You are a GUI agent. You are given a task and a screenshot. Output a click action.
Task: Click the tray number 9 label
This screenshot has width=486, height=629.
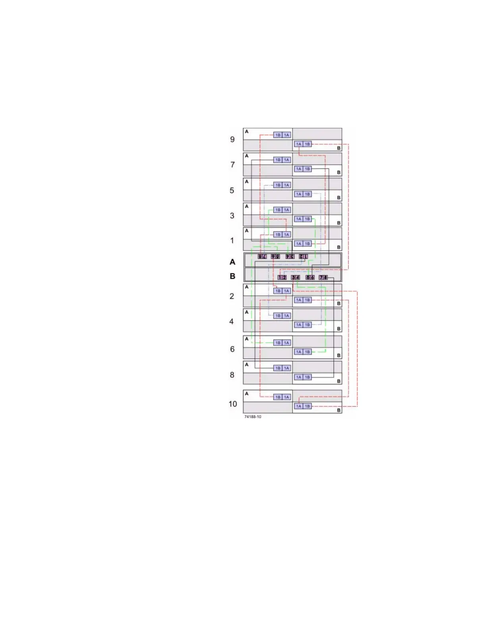tap(232, 139)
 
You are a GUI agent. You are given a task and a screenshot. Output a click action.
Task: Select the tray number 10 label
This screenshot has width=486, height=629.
tap(233, 404)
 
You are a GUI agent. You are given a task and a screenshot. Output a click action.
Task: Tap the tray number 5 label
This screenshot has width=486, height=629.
tap(232, 190)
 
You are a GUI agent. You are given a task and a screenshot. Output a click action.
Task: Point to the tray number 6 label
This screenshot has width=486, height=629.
tap(232, 349)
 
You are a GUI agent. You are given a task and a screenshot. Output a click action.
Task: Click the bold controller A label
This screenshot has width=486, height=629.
tap(233, 262)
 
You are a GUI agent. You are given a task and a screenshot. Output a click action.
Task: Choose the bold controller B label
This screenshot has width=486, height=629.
tap(233, 276)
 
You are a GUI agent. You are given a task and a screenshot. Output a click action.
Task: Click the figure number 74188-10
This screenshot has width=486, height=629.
tap(253, 417)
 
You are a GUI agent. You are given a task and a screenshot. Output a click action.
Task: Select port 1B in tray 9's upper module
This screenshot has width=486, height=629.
tap(278, 135)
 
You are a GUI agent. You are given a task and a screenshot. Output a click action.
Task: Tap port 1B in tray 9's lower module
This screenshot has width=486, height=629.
tap(307, 144)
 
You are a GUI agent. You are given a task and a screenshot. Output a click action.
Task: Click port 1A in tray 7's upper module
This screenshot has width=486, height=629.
tap(287, 160)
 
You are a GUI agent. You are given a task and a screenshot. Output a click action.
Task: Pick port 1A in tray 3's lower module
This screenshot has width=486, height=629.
tap(299, 219)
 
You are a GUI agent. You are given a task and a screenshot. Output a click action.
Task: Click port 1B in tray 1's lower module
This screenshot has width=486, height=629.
tap(307, 244)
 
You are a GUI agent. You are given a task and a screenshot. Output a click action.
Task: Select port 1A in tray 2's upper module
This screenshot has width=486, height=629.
tap(287, 291)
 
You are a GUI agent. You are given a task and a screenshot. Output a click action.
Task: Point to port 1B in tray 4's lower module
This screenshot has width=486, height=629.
tap(307, 325)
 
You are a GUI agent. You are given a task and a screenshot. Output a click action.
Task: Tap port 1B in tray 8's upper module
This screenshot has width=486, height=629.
tap(278, 368)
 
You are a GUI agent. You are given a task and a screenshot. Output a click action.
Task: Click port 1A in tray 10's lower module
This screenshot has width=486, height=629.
tap(299, 406)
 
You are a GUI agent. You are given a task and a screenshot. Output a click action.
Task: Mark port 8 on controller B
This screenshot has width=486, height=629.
tap(326, 277)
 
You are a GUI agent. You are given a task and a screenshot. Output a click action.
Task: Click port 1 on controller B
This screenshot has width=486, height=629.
tap(280, 277)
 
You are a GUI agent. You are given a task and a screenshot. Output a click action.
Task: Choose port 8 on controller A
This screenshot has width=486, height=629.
tap(260, 257)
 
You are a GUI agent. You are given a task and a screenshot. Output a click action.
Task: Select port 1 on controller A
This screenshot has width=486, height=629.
tap(305, 257)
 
